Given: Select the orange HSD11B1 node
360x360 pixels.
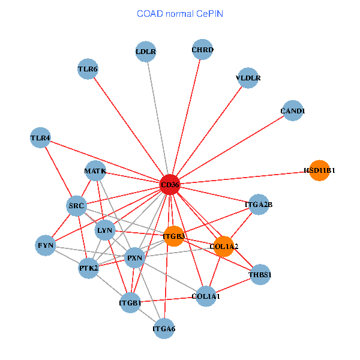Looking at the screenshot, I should (319, 170).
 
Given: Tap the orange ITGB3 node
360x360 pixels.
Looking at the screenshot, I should (174, 236).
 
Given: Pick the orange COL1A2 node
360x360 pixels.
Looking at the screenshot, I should (224, 246).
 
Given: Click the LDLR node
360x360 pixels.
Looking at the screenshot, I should (146, 52).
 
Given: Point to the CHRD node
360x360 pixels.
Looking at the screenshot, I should (203, 49).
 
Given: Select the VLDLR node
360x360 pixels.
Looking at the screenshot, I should (248, 78).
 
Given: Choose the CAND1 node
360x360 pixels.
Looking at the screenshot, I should (292, 111).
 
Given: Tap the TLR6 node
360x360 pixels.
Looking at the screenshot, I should (88, 69).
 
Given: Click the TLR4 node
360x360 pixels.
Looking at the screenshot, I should (41, 138).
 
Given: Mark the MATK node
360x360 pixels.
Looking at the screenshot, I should (95, 171).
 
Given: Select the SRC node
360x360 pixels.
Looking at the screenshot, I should (76, 206).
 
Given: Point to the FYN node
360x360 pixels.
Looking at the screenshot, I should (46, 245).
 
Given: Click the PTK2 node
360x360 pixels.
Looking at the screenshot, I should (89, 268).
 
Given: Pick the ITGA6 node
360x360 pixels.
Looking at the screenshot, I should (164, 328).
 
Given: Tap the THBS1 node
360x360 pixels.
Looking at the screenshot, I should (260, 275).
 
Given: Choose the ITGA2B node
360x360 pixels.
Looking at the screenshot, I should (259, 205).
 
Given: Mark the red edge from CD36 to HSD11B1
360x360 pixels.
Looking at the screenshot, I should (246, 177).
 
